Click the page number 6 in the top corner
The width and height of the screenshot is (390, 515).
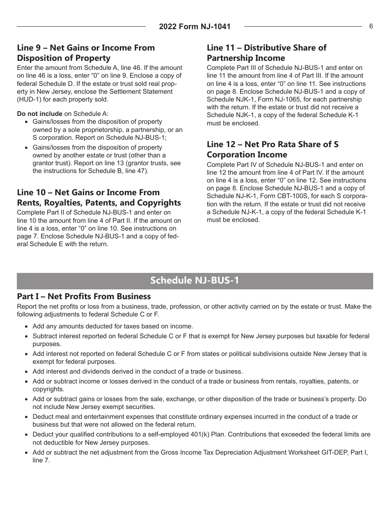tap(371, 26)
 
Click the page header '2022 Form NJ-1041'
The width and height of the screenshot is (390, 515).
tap(195, 27)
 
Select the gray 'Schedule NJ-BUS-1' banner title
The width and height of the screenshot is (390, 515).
tap(195, 281)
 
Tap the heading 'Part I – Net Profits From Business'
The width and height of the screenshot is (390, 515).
tap(84, 296)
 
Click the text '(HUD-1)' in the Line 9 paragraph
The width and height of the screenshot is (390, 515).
tap(30, 99)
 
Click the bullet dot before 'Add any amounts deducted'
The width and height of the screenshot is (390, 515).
tap(27, 327)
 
